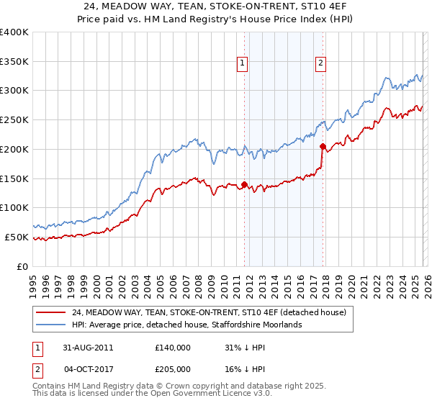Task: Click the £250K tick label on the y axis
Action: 14,119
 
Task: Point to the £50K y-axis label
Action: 17,237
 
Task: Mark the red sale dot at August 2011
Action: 245,184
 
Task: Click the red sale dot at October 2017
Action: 323,146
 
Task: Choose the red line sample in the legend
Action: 51,312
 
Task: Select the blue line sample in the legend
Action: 51,325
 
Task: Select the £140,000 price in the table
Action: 173,347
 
